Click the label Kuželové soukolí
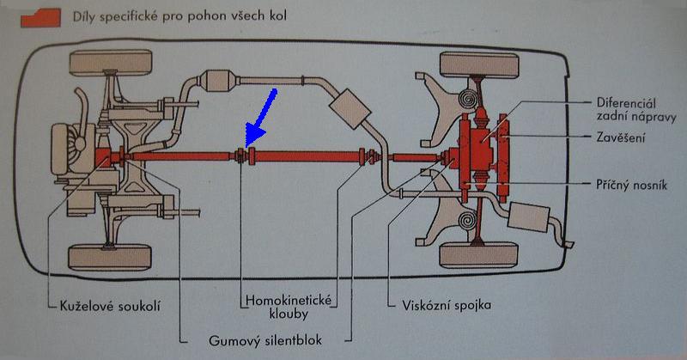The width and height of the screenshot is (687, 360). pos(105,305)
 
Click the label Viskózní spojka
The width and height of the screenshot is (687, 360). pos(441,305)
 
